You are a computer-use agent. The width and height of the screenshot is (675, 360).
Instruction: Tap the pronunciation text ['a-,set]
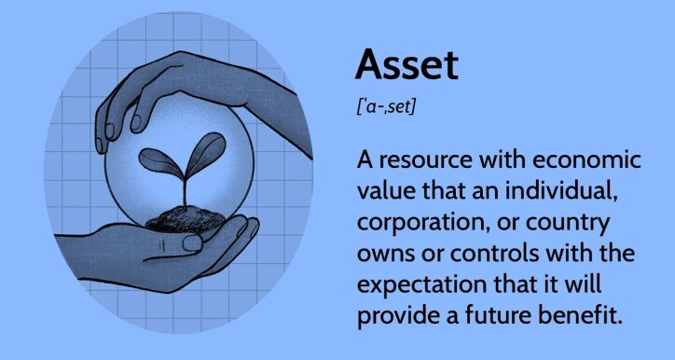click(x=386, y=107)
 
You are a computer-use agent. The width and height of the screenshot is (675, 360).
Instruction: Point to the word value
click(x=387, y=192)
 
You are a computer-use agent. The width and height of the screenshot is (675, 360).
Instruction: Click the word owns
click(x=383, y=254)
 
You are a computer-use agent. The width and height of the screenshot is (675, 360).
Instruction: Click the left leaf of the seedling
click(x=157, y=161)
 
